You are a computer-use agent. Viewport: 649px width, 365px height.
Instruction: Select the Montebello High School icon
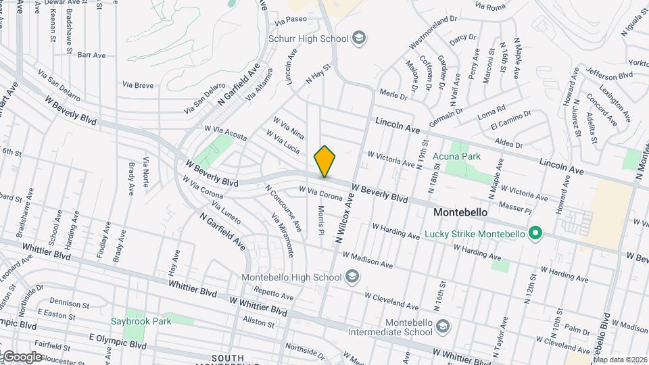[352, 276]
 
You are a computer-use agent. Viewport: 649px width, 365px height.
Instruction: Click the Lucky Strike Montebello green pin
[535, 234]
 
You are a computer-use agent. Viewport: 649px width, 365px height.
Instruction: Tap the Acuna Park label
[457, 156]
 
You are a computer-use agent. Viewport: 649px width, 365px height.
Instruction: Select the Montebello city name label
[460, 212]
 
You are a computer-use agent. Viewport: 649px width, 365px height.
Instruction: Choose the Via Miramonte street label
[283, 235]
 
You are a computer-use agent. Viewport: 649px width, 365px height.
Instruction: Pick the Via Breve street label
[137, 85]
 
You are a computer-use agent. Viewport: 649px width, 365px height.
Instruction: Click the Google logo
[22, 356]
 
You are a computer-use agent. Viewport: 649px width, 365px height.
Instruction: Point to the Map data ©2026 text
[619, 359]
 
